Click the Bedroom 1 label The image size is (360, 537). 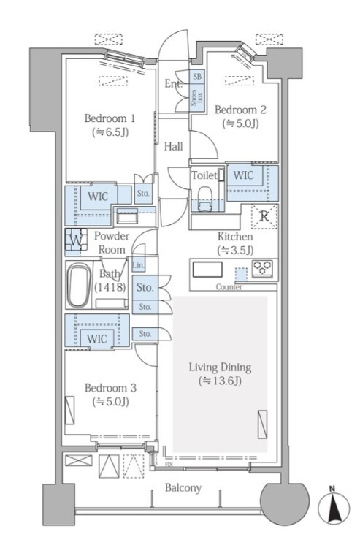[x=110, y=118]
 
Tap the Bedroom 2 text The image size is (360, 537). [x=240, y=110]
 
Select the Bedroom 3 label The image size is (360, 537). [x=110, y=388]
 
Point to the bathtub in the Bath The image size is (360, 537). [x=79, y=285]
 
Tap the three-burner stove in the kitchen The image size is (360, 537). [x=262, y=268]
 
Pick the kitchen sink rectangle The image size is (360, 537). [x=207, y=269]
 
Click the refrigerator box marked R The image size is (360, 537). [x=264, y=216]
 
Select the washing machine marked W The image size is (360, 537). [x=76, y=240]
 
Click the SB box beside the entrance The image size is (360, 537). [x=197, y=76]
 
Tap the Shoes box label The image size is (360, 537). [x=197, y=97]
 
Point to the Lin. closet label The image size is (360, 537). [x=138, y=265]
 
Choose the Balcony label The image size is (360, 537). [x=183, y=488]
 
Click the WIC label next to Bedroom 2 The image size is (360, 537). [x=243, y=175]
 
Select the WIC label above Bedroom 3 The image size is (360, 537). [x=97, y=339]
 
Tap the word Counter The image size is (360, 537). [x=229, y=287]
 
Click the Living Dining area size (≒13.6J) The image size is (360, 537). [x=220, y=381]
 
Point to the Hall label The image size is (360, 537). [x=173, y=147]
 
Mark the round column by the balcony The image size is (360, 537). [x=285, y=504]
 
